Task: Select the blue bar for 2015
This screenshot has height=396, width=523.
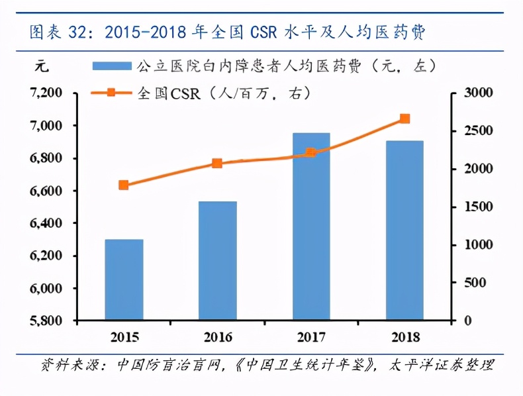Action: (x=124, y=280)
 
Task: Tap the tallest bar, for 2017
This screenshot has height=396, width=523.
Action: (x=311, y=226)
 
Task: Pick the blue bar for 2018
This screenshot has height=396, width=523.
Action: (x=404, y=230)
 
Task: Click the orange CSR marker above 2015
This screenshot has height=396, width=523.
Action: (x=124, y=185)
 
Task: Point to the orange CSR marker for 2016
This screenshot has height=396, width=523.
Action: (x=217, y=164)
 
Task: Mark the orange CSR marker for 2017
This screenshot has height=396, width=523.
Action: (x=311, y=153)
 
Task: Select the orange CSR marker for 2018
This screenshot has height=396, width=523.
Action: (x=404, y=119)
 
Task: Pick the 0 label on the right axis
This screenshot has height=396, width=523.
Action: (x=468, y=321)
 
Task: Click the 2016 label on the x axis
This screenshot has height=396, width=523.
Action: (x=217, y=337)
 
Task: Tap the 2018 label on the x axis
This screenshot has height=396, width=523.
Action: (x=404, y=337)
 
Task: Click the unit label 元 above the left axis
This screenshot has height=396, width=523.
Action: (x=41, y=66)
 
